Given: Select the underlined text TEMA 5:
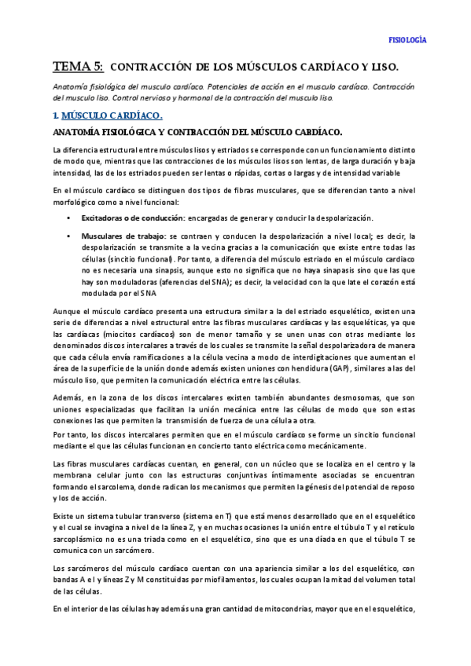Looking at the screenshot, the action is click(x=77, y=67).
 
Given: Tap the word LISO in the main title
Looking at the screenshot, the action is click(x=384, y=68).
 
